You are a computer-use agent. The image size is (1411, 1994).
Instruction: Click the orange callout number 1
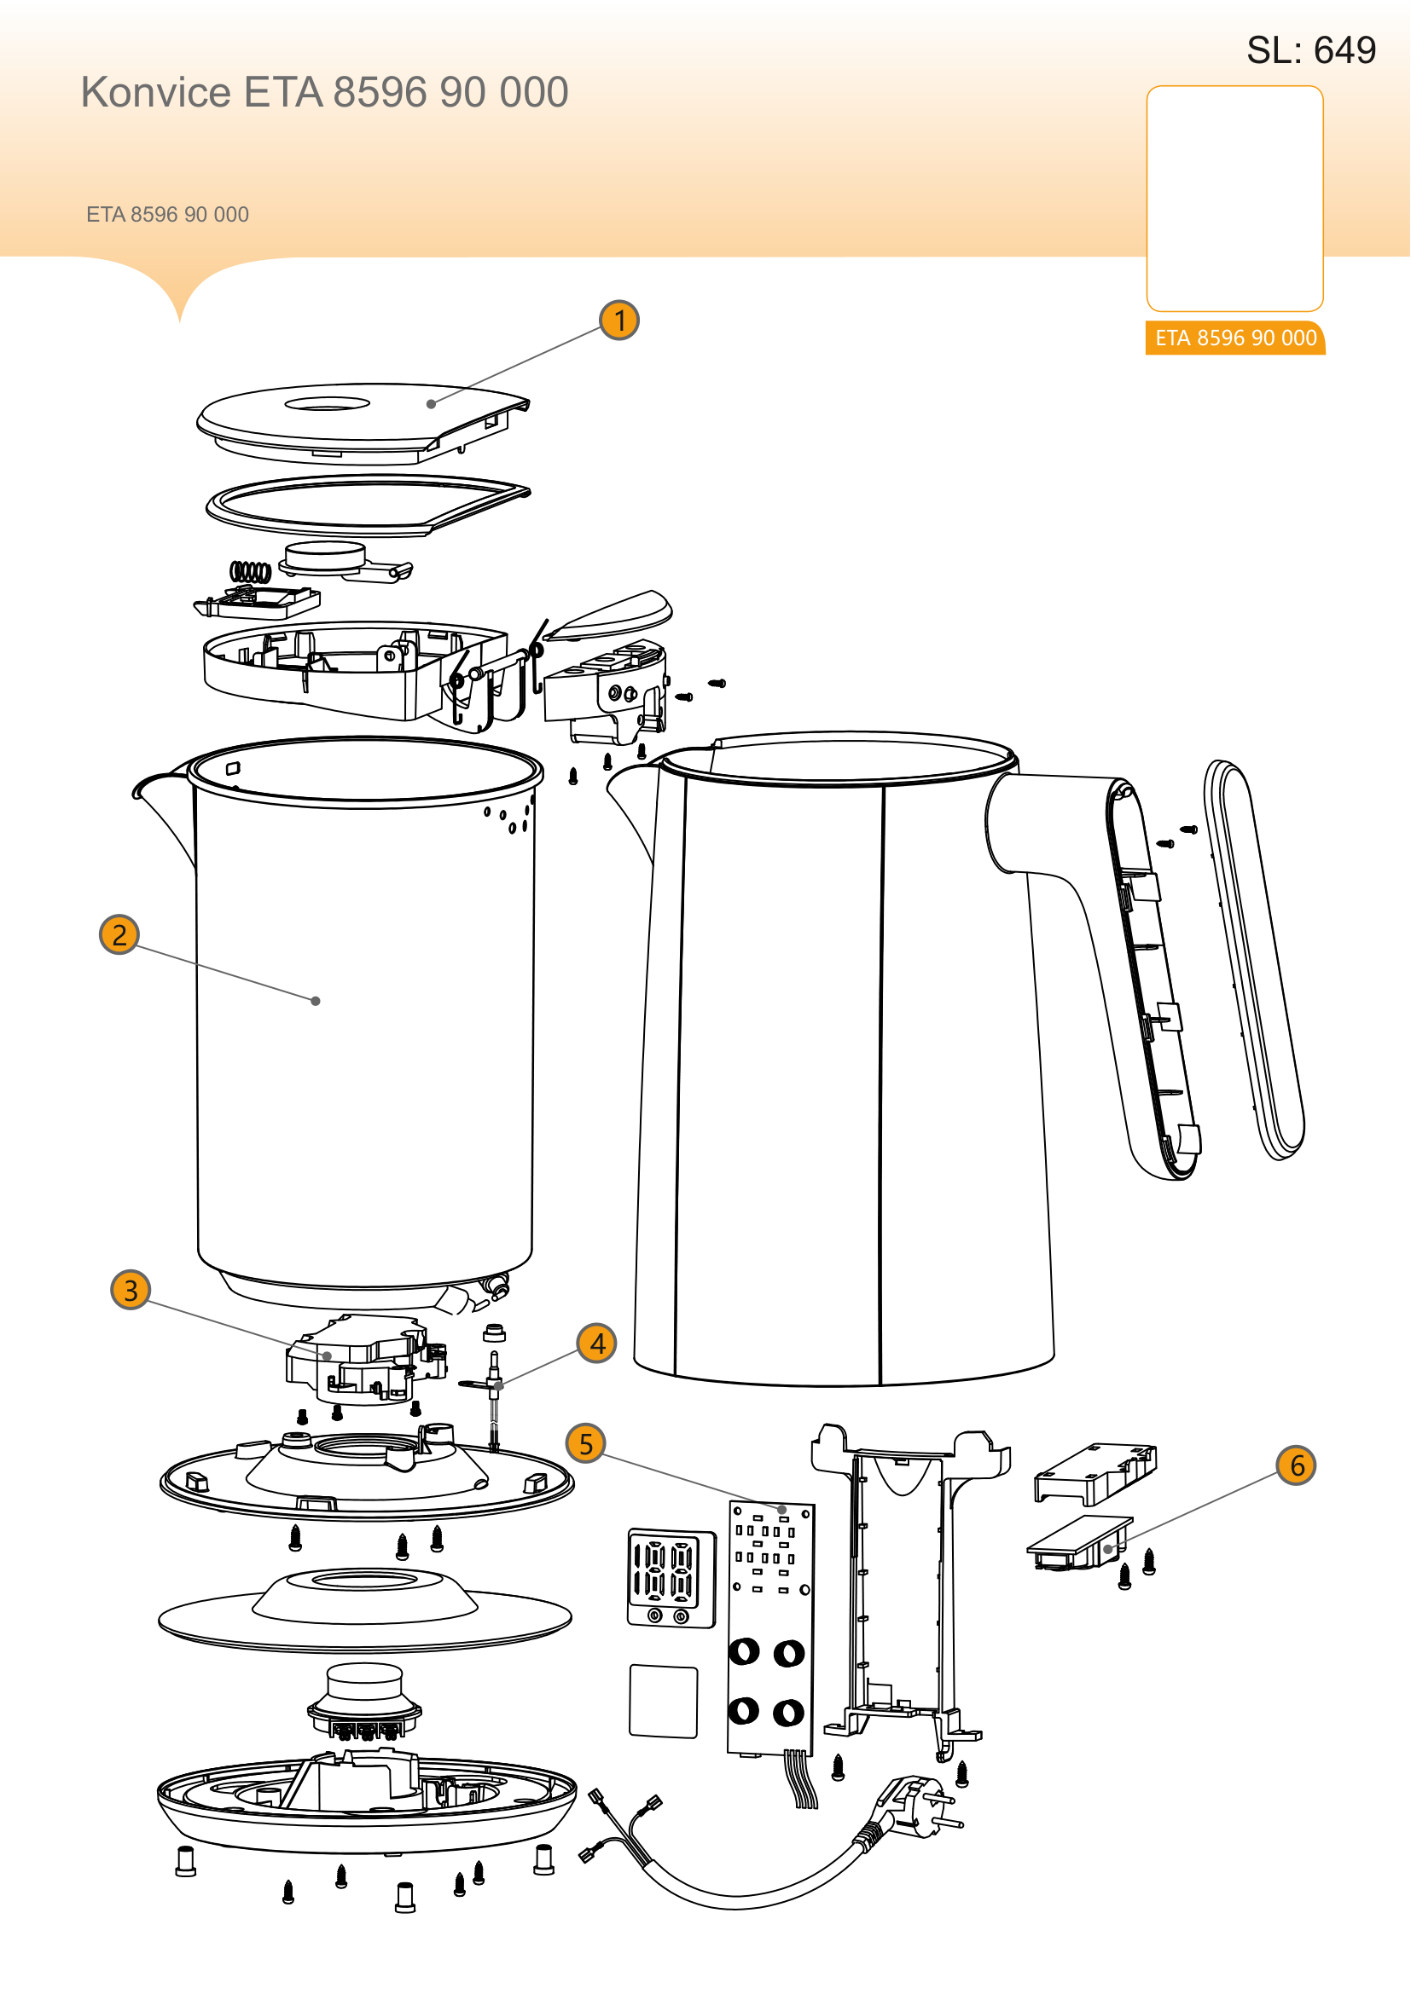coord(619,321)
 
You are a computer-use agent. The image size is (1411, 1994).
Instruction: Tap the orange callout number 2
coord(120,934)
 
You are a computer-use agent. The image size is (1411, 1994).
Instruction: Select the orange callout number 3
coord(131,1290)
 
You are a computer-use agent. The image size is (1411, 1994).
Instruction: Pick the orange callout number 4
coord(598,1344)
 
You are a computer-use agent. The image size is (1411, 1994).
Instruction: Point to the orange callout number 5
coord(586,1443)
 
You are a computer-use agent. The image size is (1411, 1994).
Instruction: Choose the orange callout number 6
coord(1298,1465)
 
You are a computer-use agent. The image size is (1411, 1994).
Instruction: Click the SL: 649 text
coord(1311,50)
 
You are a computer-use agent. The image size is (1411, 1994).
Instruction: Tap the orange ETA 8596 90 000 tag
coord(1235,338)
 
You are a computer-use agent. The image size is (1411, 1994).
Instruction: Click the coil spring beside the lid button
coord(250,571)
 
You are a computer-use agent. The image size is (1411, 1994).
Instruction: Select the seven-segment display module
coord(671,1578)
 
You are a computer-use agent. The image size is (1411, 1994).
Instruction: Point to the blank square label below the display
coord(664,1702)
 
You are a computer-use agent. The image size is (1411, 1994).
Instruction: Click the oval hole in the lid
coord(328,404)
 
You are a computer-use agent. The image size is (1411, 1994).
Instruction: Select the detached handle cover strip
coord(1255,960)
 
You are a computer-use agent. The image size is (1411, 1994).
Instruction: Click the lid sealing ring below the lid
coord(369,506)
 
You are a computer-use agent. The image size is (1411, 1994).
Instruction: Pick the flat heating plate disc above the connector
coord(365,1608)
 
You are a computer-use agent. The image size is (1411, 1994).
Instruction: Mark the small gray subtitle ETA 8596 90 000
coord(168,215)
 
